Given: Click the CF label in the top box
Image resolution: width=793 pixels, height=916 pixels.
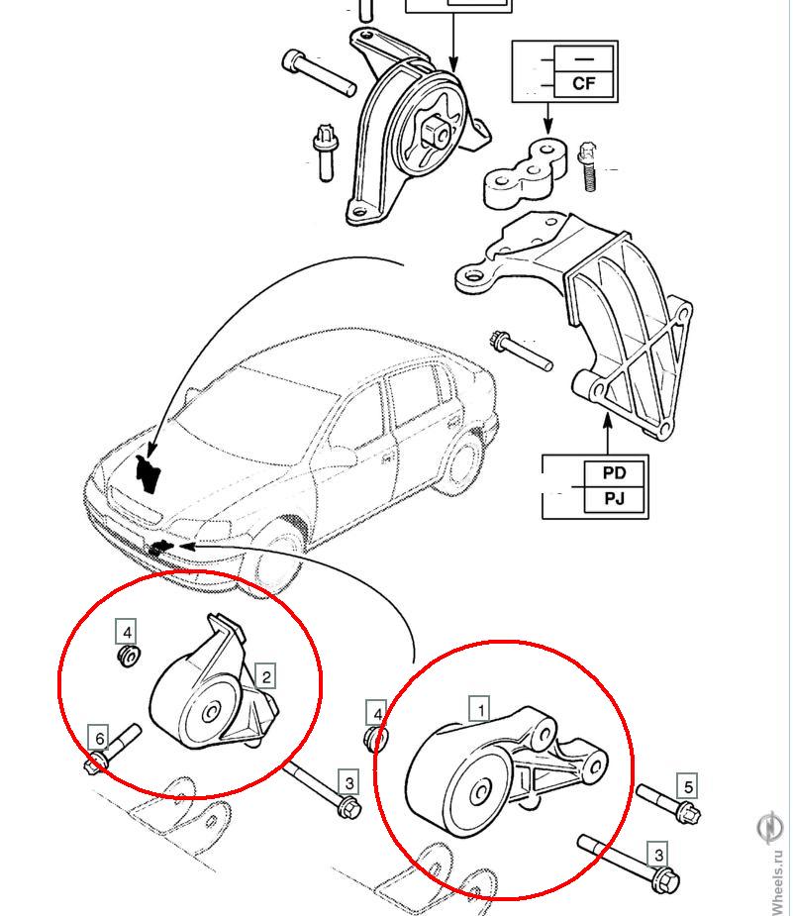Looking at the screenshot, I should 584,83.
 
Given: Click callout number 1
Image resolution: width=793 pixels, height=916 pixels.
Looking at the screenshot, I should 480,709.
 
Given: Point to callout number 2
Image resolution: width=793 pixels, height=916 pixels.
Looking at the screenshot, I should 265,677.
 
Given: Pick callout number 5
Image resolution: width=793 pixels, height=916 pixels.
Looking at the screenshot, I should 688,787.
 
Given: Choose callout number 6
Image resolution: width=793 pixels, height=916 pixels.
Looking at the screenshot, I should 99,738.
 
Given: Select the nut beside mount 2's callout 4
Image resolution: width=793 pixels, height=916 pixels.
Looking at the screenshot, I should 128,656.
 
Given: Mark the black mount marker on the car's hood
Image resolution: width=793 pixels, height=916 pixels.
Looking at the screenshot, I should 148,470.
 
